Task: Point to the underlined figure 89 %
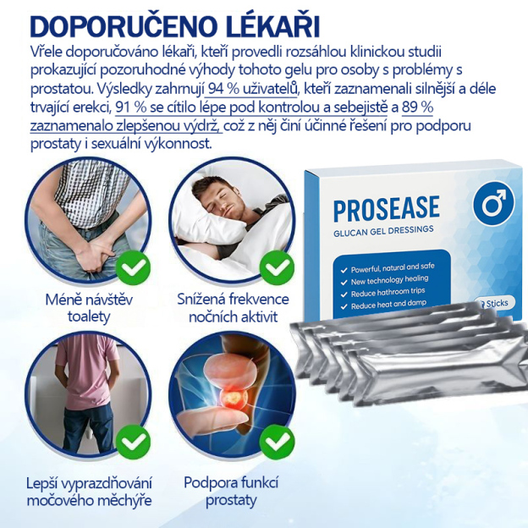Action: [x=408, y=107]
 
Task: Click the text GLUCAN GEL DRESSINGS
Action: [x=382, y=228]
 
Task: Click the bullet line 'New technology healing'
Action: [x=390, y=278]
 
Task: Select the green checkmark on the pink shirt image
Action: [x=133, y=442]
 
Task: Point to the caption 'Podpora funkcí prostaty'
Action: [x=231, y=492]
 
